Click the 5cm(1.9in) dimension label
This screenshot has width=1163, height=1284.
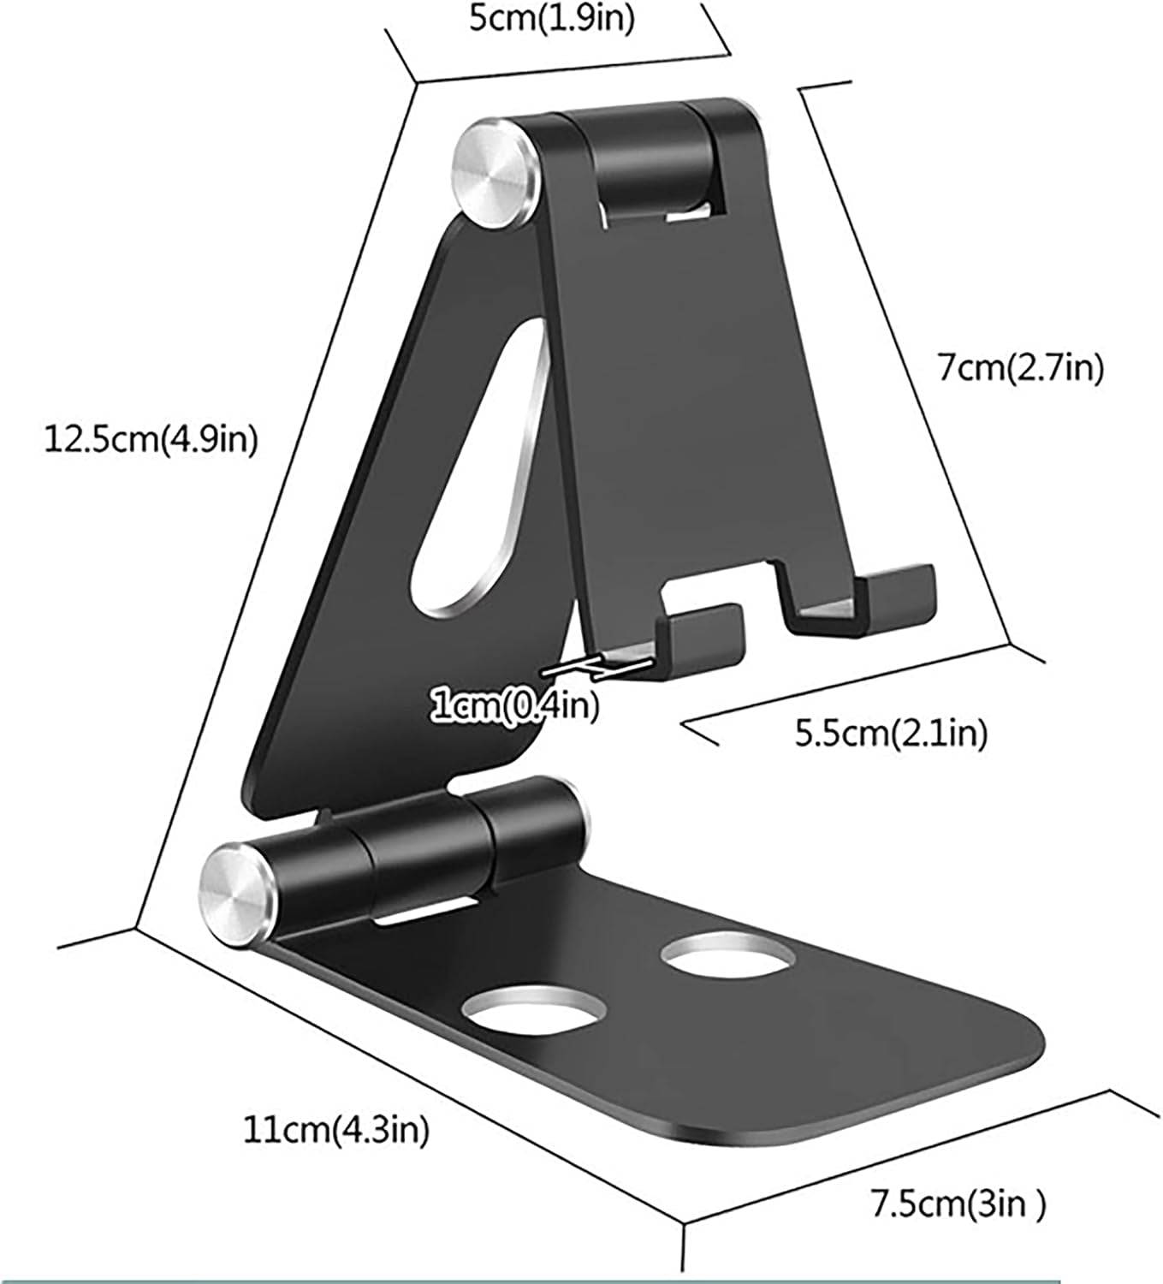(x=553, y=18)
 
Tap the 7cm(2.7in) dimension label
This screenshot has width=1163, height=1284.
(x=1020, y=368)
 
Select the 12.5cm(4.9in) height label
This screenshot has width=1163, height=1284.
(x=151, y=441)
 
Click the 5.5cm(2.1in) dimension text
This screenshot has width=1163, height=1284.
(x=891, y=733)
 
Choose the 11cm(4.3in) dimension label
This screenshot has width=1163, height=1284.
(x=336, y=1130)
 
